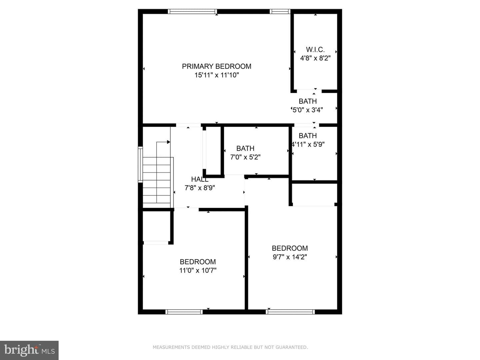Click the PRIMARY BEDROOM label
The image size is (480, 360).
point(216,66)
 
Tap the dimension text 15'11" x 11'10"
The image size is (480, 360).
point(216,75)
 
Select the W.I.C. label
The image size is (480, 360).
point(315,50)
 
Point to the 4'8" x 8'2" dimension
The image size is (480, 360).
point(315,58)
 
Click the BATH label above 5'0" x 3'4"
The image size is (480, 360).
point(308,101)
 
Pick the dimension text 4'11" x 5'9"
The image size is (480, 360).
point(308,144)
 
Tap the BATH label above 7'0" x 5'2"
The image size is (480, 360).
point(245,148)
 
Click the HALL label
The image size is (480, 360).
point(200,179)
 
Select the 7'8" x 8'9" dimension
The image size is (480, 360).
point(200,188)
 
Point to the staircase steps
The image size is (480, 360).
point(157,183)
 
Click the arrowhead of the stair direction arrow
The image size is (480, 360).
point(169,142)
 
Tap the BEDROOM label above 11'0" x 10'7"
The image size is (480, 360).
point(198,262)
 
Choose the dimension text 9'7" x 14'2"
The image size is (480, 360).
point(290,257)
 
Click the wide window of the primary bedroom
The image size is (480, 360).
point(192,11)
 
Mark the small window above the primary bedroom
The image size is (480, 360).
point(280,11)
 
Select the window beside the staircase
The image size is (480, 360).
point(140,165)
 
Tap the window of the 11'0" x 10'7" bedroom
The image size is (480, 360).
point(184,312)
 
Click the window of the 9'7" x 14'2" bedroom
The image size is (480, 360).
point(290,312)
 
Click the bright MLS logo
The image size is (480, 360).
point(29,350)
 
